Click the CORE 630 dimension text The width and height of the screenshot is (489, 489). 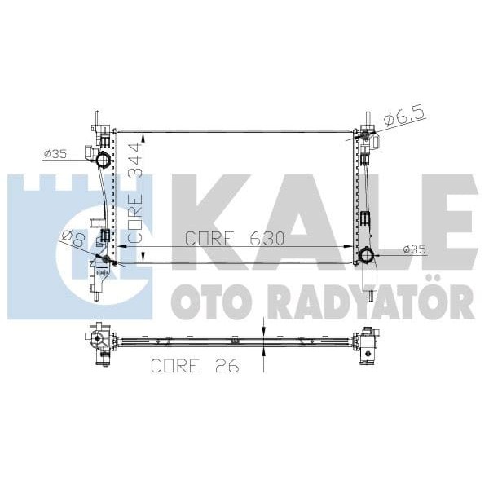(234, 238)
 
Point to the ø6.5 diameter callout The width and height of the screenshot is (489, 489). (401, 118)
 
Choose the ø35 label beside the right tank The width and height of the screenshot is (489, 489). (414, 249)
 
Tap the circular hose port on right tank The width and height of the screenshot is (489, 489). (366, 258)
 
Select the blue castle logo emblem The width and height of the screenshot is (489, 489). (77, 244)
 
